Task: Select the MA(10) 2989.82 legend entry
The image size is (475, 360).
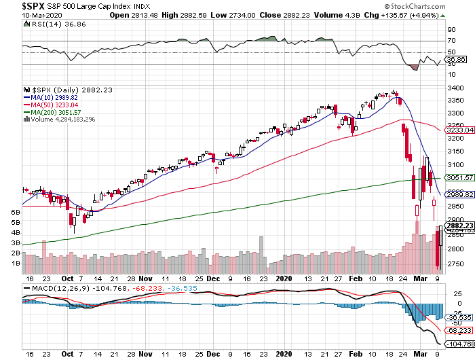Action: click(x=59, y=97)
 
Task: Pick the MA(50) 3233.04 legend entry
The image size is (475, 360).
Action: click(x=59, y=105)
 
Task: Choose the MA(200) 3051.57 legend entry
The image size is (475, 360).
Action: click(x=61, y=112)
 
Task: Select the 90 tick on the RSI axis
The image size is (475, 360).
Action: click(x=450, y=30)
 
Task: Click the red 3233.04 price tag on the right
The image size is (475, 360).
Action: click(x=459, y=130)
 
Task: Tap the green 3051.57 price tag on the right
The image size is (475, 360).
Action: click(x=459, y=177)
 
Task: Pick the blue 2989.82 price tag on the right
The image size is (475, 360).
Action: click(x=459, y=194)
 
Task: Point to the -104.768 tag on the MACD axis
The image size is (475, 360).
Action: click(x=459, y=345)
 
